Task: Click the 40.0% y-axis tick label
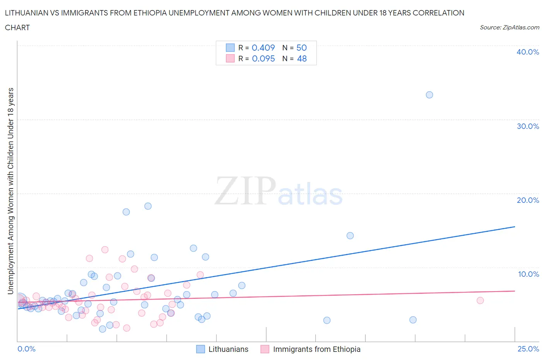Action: [x=527, y=52]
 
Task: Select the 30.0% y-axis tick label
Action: [x=527, y=126]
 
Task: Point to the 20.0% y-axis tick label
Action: [x=527, y=200]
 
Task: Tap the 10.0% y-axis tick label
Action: [x=528, y=274]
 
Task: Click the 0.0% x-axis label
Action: [x=26, y=349]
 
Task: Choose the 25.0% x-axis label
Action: [x=528, y=349]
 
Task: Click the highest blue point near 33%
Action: [x=429, y=95]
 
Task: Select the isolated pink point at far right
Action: [x=480, y=300]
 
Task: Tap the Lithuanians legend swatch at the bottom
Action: [x=200, y=349]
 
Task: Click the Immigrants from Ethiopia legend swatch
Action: [x=265, y=349]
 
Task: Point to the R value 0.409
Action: [x=263, y=48]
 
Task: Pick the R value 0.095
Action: [x=263, y=58]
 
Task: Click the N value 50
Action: [x=301, y=48]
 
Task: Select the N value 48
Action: [x=301, y=58]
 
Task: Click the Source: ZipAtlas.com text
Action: [x=509, y=27]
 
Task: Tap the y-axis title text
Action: [x=10, y=191]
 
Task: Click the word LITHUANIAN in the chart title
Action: [x=27, y=13]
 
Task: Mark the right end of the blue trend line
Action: [x=515, y=226]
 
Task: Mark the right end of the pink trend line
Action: [x=515, y=291]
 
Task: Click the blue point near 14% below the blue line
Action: [x=350, y=236]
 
